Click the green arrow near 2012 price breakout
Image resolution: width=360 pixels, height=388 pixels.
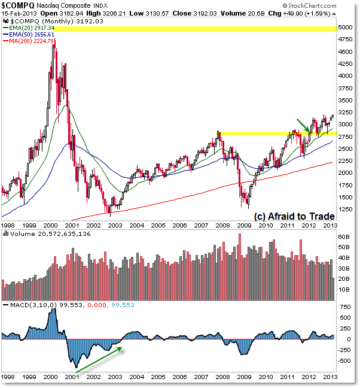[303, 125]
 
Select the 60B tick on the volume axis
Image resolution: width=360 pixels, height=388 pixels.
[344, 237]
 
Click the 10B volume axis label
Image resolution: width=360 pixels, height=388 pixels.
[344, 289]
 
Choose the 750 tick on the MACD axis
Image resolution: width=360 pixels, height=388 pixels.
[343, 306]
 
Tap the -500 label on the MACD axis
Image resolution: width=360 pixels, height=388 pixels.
[343, 360]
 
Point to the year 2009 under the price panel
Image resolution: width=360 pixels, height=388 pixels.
[244, 225]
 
